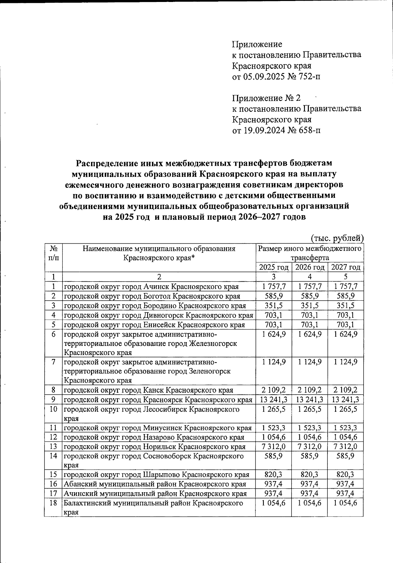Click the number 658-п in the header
[309, 131]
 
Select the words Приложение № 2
[266, 98]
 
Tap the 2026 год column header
[309, 267]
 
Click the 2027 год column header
[346, 267]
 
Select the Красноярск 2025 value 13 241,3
[273, 400]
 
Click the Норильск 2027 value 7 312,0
[346, 447]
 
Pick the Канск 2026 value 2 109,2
[309, 390]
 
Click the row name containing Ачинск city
[151, 287]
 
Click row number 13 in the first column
[53, 447]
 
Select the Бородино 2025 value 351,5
[273, 306]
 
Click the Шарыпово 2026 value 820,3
[309, 475]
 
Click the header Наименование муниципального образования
[159, 249]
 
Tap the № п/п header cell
[53, 253]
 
